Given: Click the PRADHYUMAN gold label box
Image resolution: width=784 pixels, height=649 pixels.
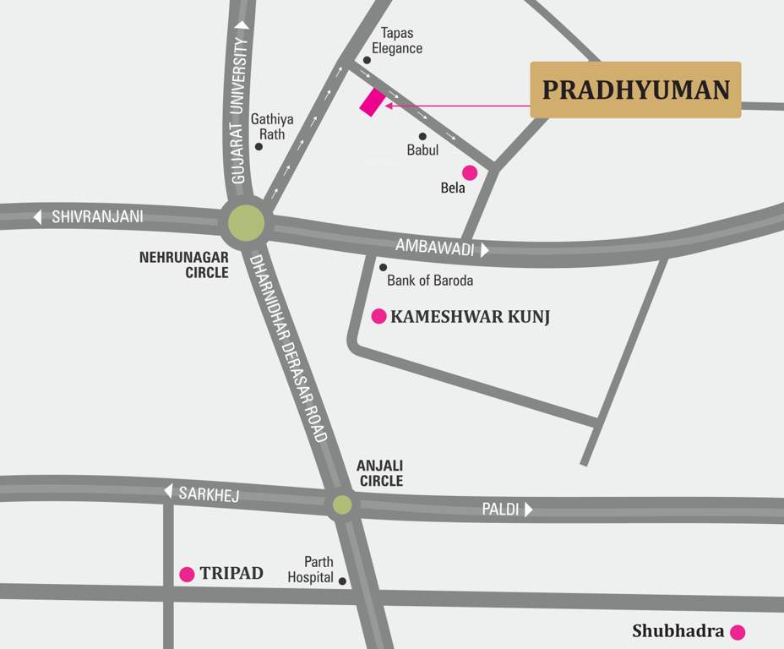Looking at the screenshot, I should click(635, 90).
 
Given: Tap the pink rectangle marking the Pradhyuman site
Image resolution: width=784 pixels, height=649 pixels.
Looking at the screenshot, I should click(372, 101).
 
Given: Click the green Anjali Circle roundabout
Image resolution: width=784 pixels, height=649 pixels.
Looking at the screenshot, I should click(342, 504).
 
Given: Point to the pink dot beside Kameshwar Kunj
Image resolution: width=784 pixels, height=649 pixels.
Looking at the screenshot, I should click(380, 316).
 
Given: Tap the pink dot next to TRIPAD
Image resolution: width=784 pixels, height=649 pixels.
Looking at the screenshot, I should click(187, 575).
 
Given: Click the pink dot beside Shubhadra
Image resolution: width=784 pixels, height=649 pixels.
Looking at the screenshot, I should click(738, 631).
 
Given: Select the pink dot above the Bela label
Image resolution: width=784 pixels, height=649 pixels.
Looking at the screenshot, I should click(470, 172).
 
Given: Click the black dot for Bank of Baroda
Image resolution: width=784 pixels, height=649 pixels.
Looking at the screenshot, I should click(383, 267).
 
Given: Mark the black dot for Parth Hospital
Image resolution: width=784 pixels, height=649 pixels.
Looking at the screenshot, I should click(342, 581).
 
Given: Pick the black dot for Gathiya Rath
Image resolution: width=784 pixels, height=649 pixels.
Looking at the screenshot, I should click(259, 147).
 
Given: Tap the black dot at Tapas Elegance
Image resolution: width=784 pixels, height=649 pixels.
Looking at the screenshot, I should click(367, 60).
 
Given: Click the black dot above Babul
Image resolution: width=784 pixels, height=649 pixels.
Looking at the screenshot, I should click(422, 136).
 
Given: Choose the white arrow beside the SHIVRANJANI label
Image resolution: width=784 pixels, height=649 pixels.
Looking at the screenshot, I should click(37, 217).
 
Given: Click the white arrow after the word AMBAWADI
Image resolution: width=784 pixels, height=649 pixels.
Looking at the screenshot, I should click(484, 249).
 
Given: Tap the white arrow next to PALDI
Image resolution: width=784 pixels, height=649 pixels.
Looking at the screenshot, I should click(528, 510).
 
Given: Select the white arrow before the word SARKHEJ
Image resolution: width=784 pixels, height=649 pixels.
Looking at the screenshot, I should click(167, 491).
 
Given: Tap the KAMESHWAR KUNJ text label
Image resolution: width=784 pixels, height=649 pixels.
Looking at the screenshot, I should click(470, 317).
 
